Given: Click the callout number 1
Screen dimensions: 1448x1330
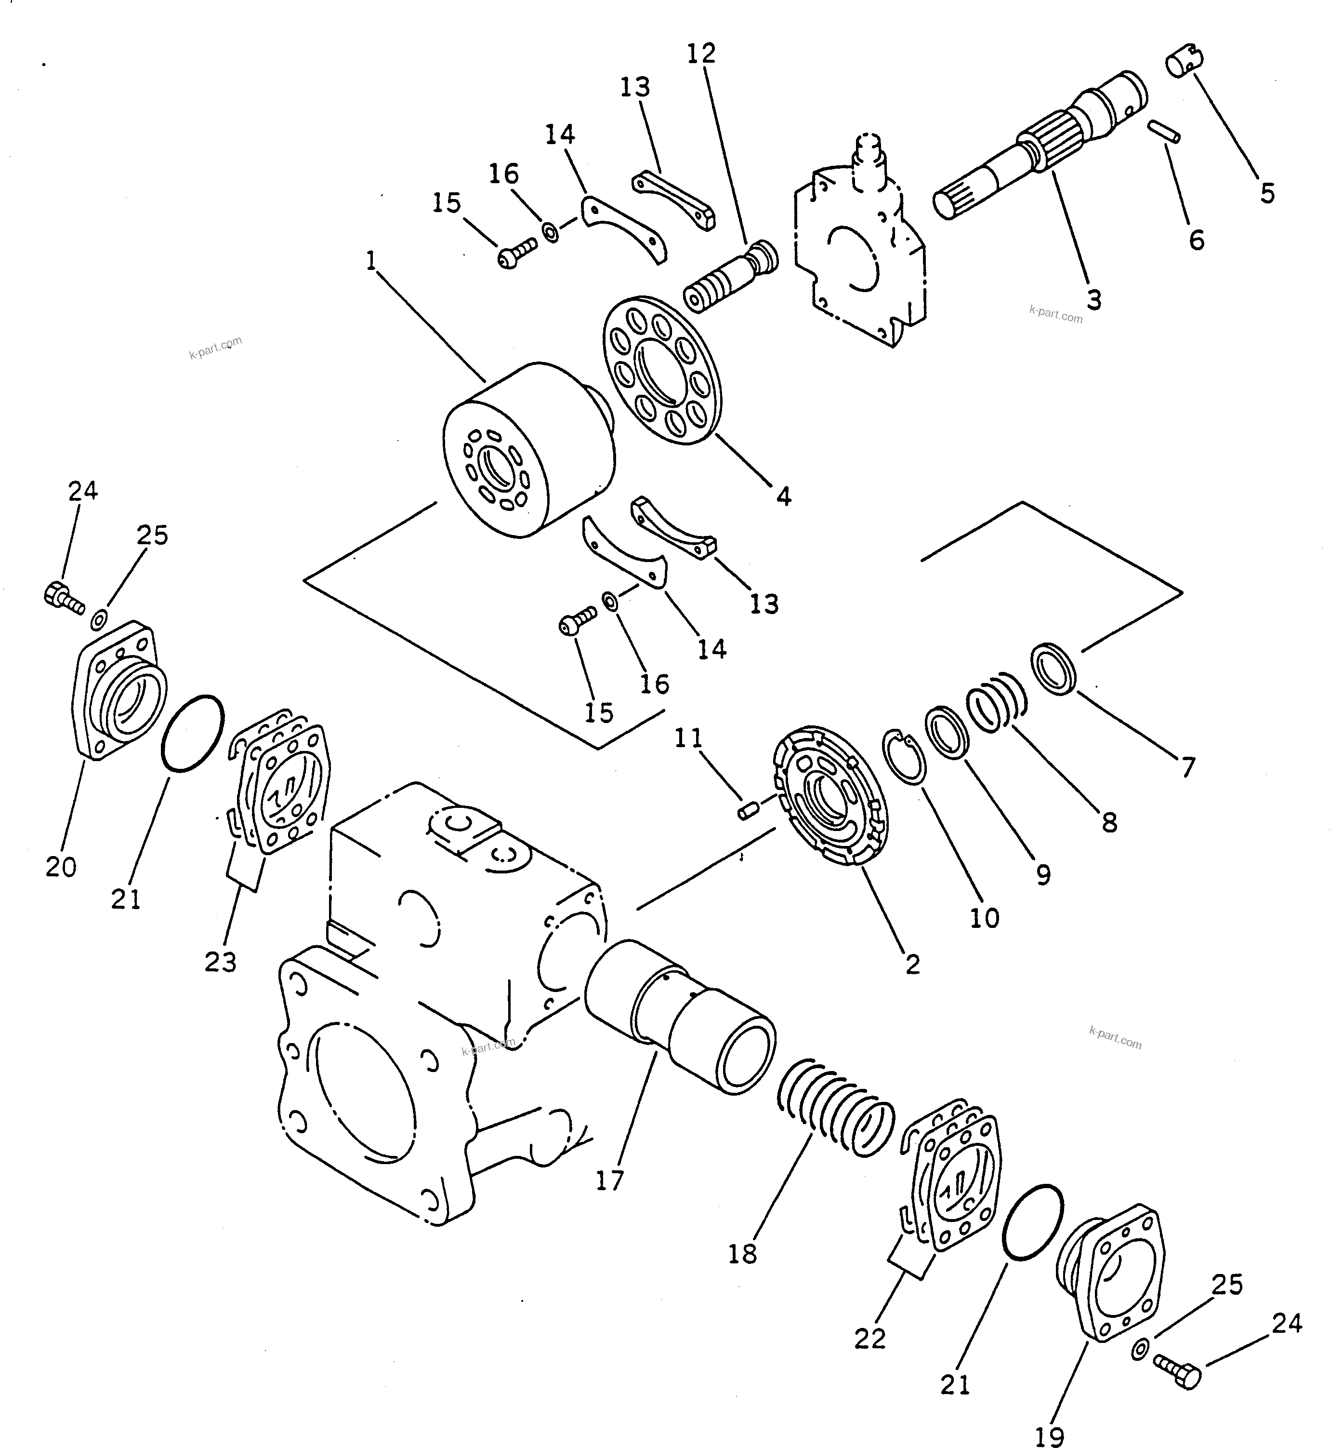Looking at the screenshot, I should [x=371, y=261].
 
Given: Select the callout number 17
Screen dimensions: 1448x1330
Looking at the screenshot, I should [x=609, y=1181].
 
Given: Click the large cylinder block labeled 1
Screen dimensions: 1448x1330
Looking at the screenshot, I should [x=529, y=450].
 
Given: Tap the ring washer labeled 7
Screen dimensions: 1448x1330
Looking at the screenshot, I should [x=1054, y=668].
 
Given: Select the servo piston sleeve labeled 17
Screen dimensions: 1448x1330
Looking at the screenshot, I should [x=680, y=1015].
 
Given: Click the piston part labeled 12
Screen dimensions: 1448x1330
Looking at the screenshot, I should [x=730, y=276].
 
